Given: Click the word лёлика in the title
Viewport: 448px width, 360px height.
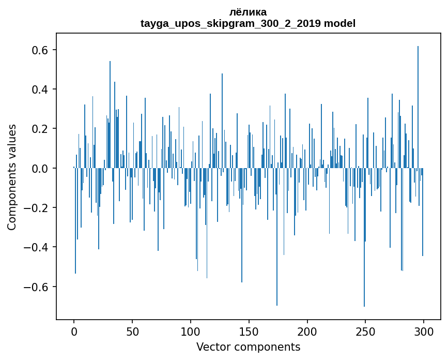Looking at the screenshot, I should coord(248,12).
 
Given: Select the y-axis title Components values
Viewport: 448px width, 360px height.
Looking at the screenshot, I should coord(12,177).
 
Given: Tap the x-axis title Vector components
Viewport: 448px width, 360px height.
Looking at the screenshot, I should coord(248,347).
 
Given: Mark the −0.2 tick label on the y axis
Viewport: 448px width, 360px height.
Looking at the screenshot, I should coord(36,208).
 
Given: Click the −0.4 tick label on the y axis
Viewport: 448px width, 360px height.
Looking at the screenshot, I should coord(36,247).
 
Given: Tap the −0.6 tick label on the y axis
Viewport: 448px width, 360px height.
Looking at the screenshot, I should coord(36,287).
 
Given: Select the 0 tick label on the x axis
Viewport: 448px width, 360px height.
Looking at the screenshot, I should coord(74,331).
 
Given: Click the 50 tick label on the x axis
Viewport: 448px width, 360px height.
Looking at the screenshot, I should coord(132,331).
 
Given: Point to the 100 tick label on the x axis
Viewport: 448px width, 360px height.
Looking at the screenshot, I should coord(191,331).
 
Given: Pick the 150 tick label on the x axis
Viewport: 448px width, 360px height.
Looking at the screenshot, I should coord(249,331).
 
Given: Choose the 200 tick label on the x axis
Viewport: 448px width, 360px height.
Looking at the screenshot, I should coord(307,331).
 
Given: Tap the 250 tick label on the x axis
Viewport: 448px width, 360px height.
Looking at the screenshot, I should coord(365,331).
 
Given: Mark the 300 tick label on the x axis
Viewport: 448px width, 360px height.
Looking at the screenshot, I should coord(424,331).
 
